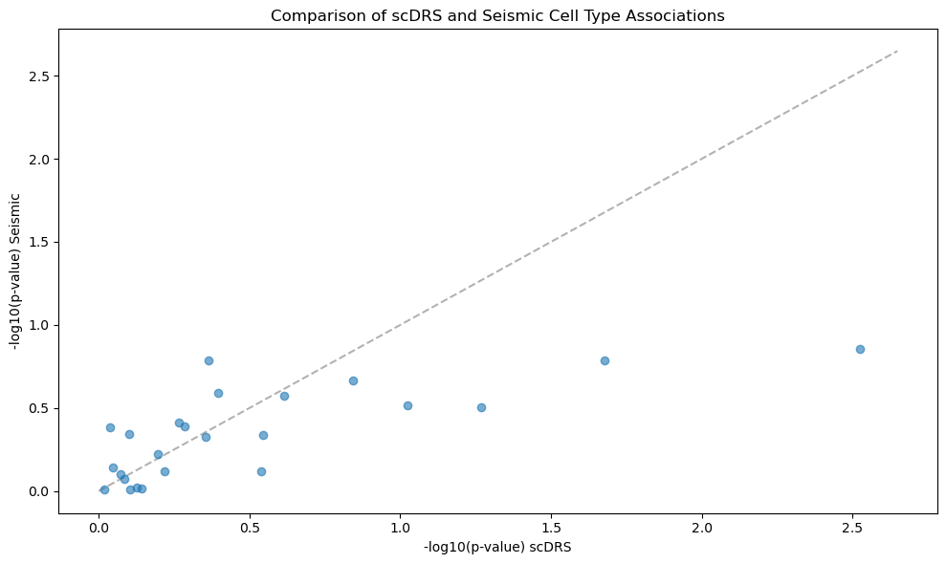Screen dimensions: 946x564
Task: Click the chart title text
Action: point(497,15)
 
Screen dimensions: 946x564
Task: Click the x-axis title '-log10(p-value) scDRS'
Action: point(497,547)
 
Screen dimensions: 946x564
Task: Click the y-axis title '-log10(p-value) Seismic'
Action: point(16,271)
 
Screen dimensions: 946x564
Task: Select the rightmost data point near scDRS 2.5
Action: point(860,349)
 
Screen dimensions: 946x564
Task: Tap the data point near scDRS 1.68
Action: point(605,360)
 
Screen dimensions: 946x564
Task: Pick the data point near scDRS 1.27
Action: point(481,408)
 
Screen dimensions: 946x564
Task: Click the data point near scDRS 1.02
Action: point(407,406)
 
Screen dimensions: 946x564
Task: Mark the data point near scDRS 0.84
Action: point(354,381)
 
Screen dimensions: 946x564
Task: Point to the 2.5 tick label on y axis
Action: point(40,76)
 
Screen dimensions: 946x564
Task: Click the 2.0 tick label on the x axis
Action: point(702,528)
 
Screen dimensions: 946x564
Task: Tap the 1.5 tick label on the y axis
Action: point(40,243)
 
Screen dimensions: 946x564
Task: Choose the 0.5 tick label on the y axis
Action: point(40,408)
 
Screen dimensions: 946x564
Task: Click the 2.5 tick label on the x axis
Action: point(852,528)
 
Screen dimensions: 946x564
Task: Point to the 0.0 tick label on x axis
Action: point(99,528)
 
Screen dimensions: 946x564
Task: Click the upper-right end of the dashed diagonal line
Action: point(898,51)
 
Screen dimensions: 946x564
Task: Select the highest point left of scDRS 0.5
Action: point(209,360)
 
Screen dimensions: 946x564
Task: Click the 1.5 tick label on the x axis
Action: point(551,528)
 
